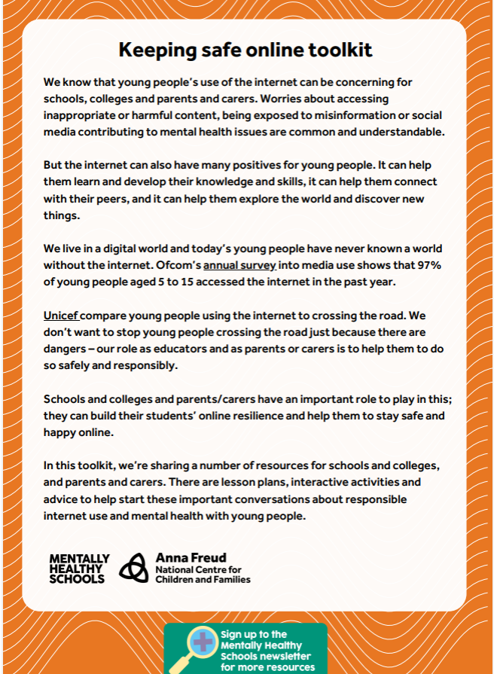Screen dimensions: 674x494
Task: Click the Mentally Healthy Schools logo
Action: tap(79, 569)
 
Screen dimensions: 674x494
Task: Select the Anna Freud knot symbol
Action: tap(135, 568)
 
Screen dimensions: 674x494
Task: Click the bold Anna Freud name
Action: tap(191, 558)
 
